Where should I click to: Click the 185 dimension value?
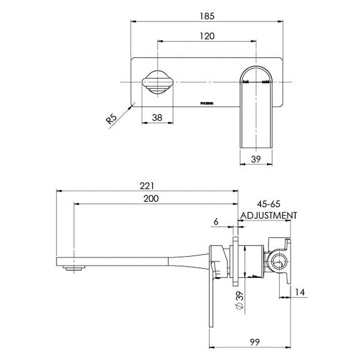click(x=207, y=15)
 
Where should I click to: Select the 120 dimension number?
click(x=207, y=36)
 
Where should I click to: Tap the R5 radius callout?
click(x=112, y=120)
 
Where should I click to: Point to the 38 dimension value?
click(x=157, y=117)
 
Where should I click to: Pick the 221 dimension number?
click(x=147, y=185)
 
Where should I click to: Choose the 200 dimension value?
click(x=152, y=199)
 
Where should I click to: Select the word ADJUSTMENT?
click(x=269, y=215)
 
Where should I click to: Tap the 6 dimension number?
click(x=216, y=221)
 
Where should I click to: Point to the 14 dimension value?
click(x=300, y=292)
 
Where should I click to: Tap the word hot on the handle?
click(x=245, y=82)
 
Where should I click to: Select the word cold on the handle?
click(x=265, y=82)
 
